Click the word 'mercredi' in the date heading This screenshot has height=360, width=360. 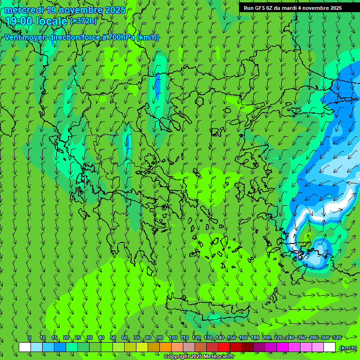point(23,10)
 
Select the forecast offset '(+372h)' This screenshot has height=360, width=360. point(83,21)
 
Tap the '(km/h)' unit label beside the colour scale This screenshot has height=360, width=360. point(347,348)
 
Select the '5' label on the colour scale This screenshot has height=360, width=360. point(30,337)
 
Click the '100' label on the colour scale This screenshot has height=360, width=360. point(173,337)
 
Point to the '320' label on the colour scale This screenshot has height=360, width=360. point(337,337)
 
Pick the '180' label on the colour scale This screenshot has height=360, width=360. point(255,337)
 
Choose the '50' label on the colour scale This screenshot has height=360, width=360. point(113,337)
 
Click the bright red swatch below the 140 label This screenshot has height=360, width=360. point(224,347)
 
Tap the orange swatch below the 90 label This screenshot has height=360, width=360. point(165,347)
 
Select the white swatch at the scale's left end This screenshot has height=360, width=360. point(25,347)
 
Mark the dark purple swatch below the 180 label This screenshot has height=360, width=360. point(259,347)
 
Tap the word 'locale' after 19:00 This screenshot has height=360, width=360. point(51,21)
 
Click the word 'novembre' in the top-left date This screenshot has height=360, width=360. point(75,10)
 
